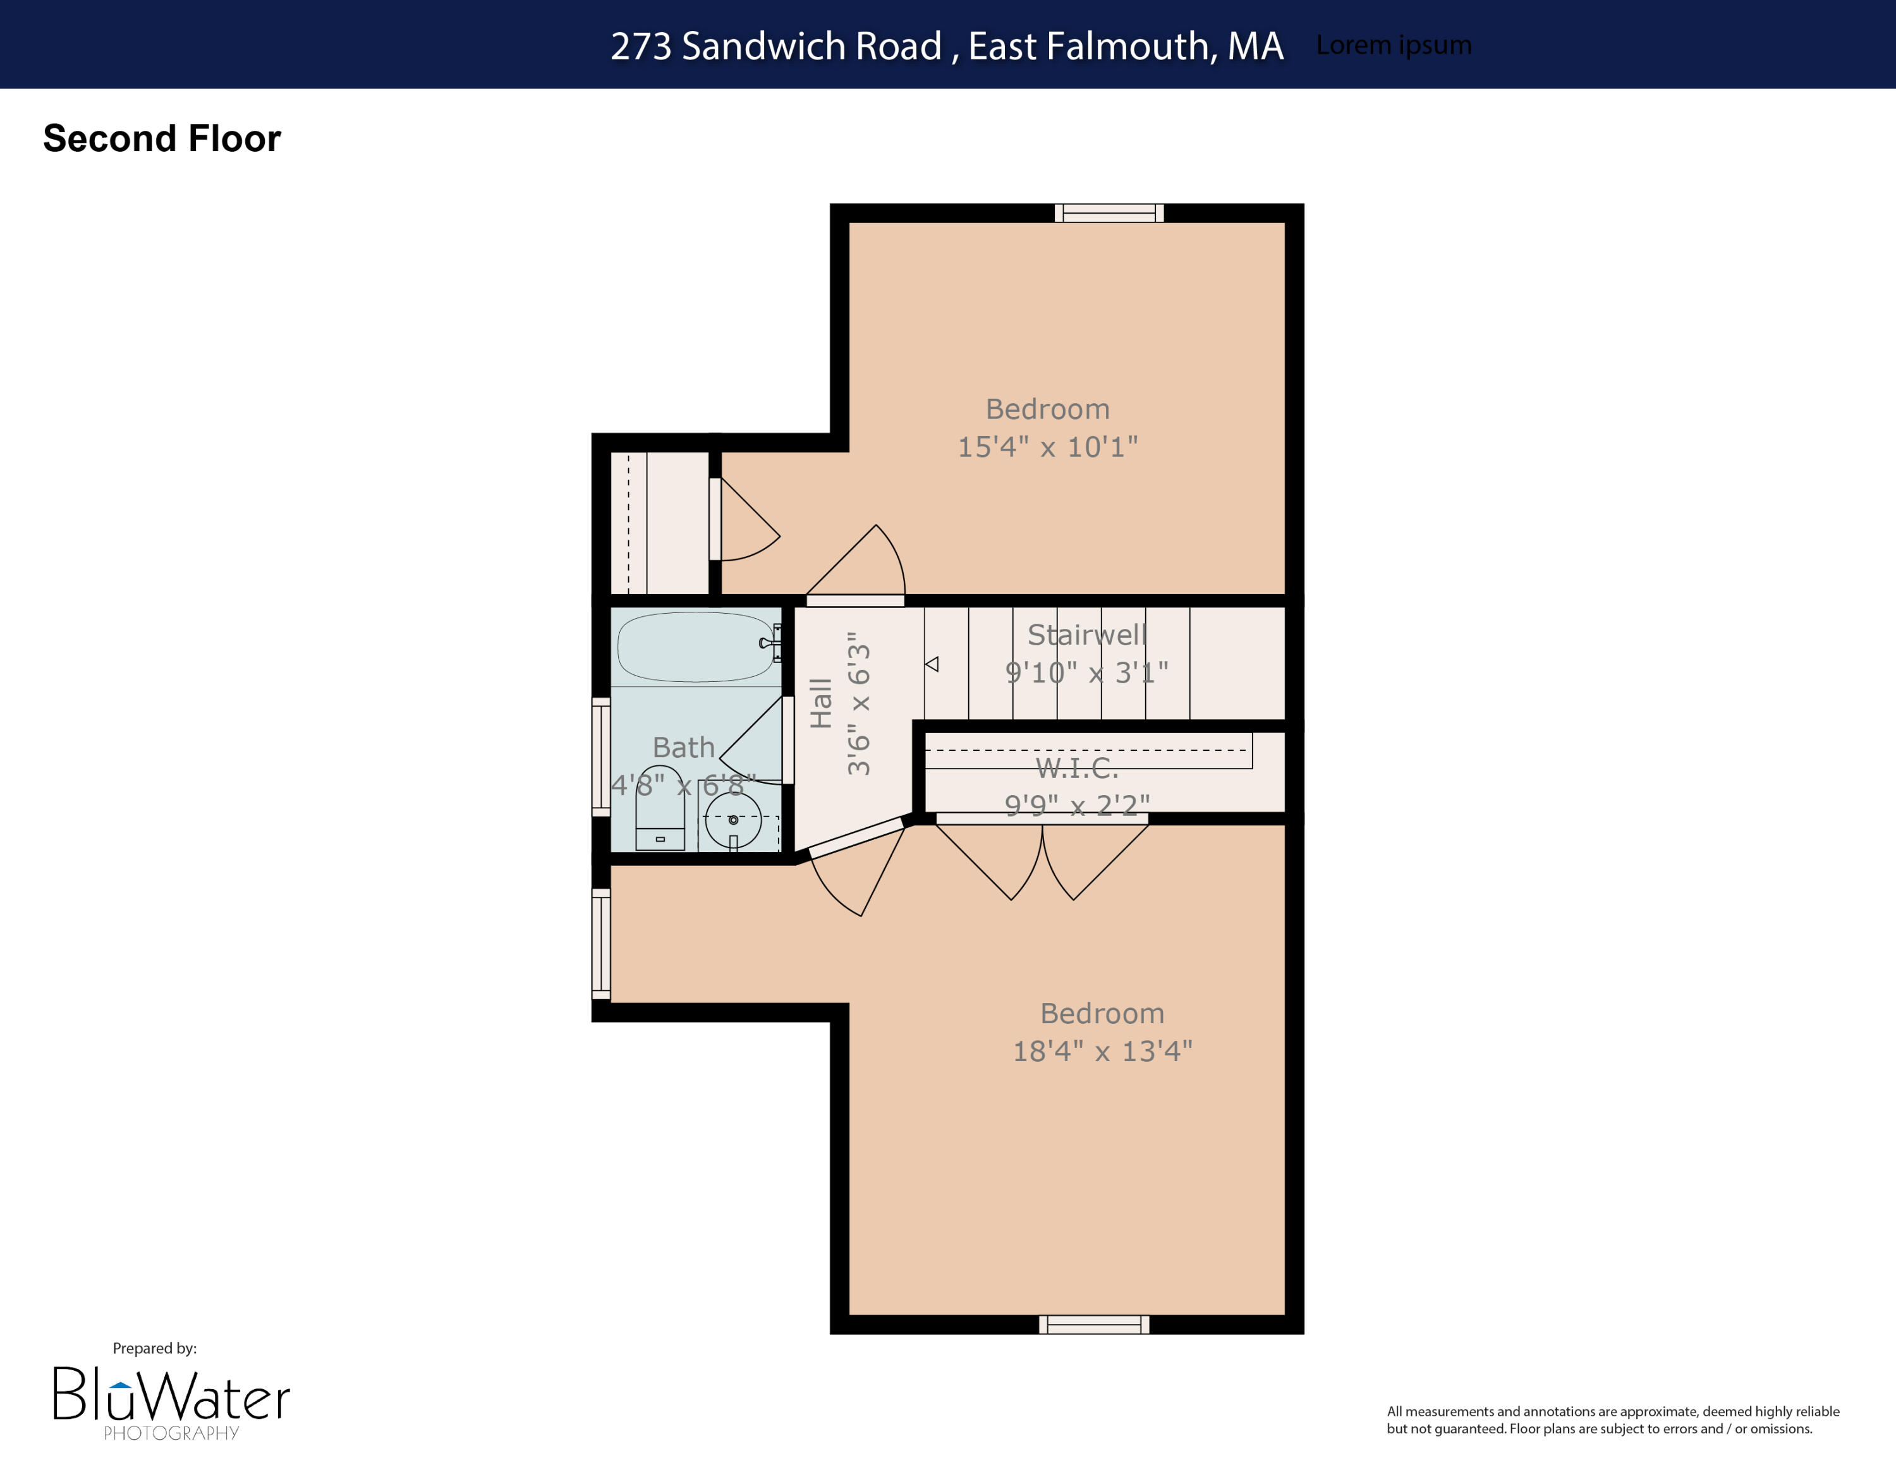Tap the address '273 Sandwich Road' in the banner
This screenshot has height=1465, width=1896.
[775, 46]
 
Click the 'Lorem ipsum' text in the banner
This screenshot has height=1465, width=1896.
[1394, 45]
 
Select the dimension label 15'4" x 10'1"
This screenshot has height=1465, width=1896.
[1047, 447]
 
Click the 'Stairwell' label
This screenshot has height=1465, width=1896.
[1087, 635]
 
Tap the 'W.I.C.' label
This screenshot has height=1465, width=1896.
[1076, 768]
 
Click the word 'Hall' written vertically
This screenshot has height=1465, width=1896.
[820, 702]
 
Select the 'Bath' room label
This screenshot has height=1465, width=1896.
[683, 747]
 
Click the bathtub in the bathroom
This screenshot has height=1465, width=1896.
[695, 647]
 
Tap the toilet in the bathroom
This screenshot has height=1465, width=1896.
[660, 810]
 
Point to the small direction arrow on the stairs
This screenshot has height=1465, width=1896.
[932, 664]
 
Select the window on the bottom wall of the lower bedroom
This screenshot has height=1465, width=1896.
[1094, 1325]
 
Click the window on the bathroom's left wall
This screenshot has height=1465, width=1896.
[601, 757]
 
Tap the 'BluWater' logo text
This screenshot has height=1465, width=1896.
[172, 1395]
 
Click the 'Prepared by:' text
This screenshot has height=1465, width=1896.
[155, 1348]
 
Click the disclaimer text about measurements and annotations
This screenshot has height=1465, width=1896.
[1612, 1420]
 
